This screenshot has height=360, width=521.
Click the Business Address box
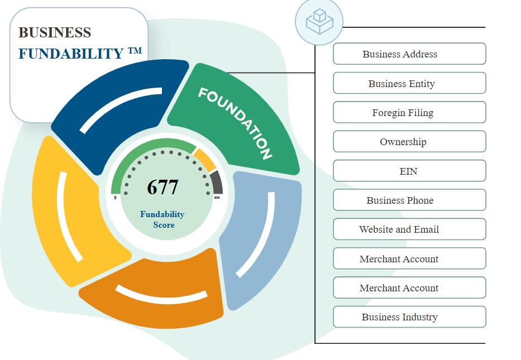click(x=409, y=54)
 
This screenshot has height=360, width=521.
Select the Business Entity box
click(x=409, y=83)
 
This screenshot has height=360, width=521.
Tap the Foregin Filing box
click(x=409, y=112)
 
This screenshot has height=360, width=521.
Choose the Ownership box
click(x=409, y=142)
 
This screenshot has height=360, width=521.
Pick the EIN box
click(x=409, y=171)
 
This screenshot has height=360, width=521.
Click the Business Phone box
click(x=409, y=200)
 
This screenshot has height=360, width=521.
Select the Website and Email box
click(x=409, y=229)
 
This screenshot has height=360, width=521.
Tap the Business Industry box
click(x=409, y=317)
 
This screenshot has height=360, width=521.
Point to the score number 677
click(x=162, y=188)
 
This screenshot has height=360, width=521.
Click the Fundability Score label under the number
click(x=162, y=219)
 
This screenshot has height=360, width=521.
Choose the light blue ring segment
click(x=262, y=234)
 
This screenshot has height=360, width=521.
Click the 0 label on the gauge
click(x=116, y=198)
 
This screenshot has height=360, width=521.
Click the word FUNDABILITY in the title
click(x=70, y=54)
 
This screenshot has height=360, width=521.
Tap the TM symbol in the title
click(x=135, y=51)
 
